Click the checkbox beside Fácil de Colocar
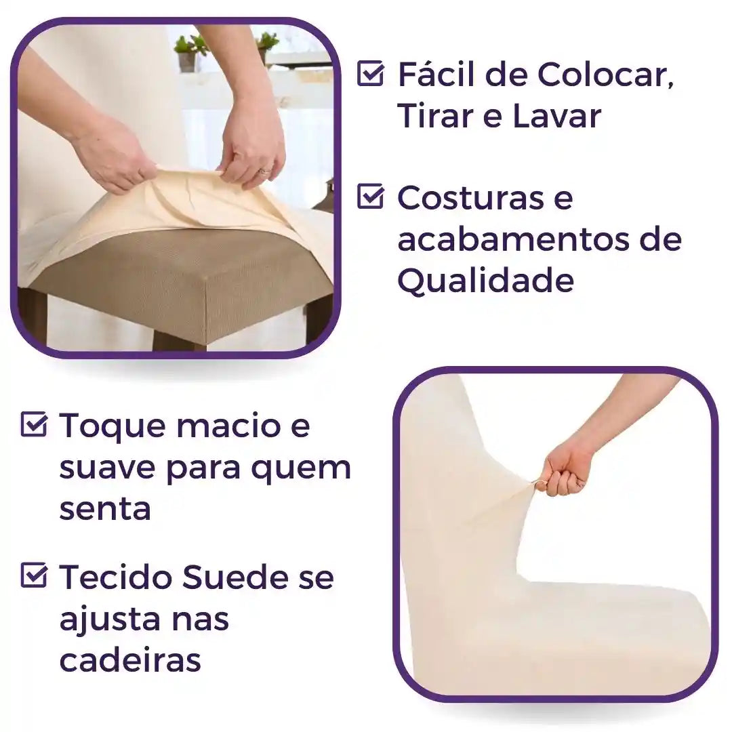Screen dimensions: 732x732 pos(370,74)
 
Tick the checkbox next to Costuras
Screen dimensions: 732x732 pos(370,197)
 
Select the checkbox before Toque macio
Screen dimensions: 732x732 pos(34,425)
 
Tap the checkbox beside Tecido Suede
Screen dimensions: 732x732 pos(34,576)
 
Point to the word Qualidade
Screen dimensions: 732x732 pos(485,280)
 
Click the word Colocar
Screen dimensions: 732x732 pos(605,74)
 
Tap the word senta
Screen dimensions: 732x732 pos(104,508)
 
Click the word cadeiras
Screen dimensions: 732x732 pos(130,659)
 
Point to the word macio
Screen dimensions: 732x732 pos(224,426)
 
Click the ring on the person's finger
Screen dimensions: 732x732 pos(263,172)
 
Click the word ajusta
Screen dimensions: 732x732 pos(102,619)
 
